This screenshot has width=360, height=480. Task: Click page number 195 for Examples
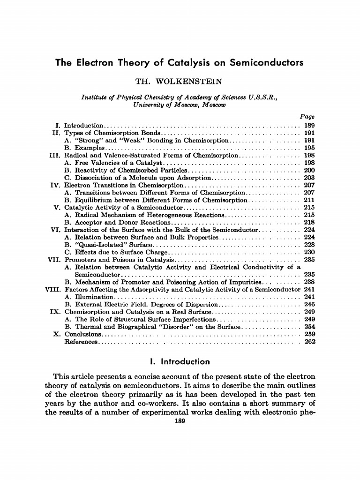point(309,148)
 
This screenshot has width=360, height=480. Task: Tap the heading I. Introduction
point(180,362)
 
